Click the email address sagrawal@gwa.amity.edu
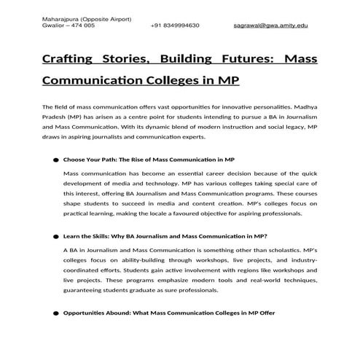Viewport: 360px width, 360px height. click(270, 26)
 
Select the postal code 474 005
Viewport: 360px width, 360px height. click(82, 26)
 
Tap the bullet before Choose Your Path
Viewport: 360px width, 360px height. click(55, 160)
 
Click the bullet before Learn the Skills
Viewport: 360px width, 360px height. click(55, 237)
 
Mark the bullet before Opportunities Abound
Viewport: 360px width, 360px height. click(55, 314)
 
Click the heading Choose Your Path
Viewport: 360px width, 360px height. click(149, 159)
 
